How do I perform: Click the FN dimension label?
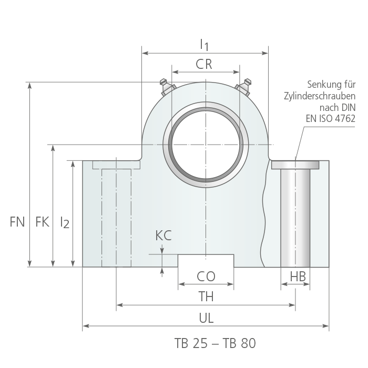point(17,222)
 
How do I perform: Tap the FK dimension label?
point(42,222)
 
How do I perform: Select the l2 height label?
point(65,222)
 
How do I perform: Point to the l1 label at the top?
point(204,45)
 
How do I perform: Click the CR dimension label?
point(204,64)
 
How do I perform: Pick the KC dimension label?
point(163,236)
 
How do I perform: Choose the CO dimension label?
point(206,276)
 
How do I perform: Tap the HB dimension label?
point(298,277)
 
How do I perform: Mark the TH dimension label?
point(206,296)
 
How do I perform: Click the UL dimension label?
point(206,318)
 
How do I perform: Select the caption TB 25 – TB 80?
point(215,343)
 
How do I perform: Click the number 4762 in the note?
point(345,118)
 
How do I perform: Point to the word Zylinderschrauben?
point(320,96)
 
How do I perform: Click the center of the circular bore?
point(206,145)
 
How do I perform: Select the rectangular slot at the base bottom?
point(206,261)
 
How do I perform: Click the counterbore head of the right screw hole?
point(295,165)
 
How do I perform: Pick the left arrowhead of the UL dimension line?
point(86,326)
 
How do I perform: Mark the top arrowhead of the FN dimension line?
point(29,86)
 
